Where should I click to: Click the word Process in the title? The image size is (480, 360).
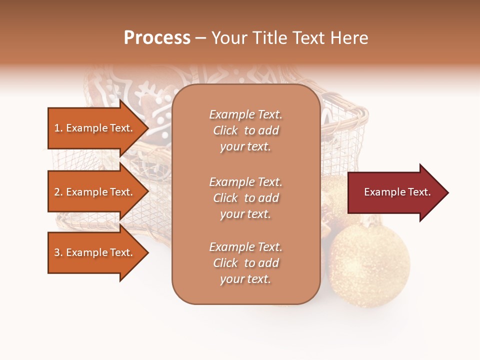click(157, 38)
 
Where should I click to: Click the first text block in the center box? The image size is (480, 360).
click(245, 130)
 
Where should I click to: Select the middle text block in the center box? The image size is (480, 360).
click(245, 198)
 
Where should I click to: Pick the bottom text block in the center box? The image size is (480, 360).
click(245, 263)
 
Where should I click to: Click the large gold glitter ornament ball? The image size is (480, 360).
click(369, 265)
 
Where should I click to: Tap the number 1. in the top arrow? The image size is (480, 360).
click(58, 128)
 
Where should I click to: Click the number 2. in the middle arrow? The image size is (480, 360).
click(58, 192)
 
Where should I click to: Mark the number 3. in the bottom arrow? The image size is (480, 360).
click(58, 252)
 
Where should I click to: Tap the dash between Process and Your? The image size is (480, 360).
click(200, 38)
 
